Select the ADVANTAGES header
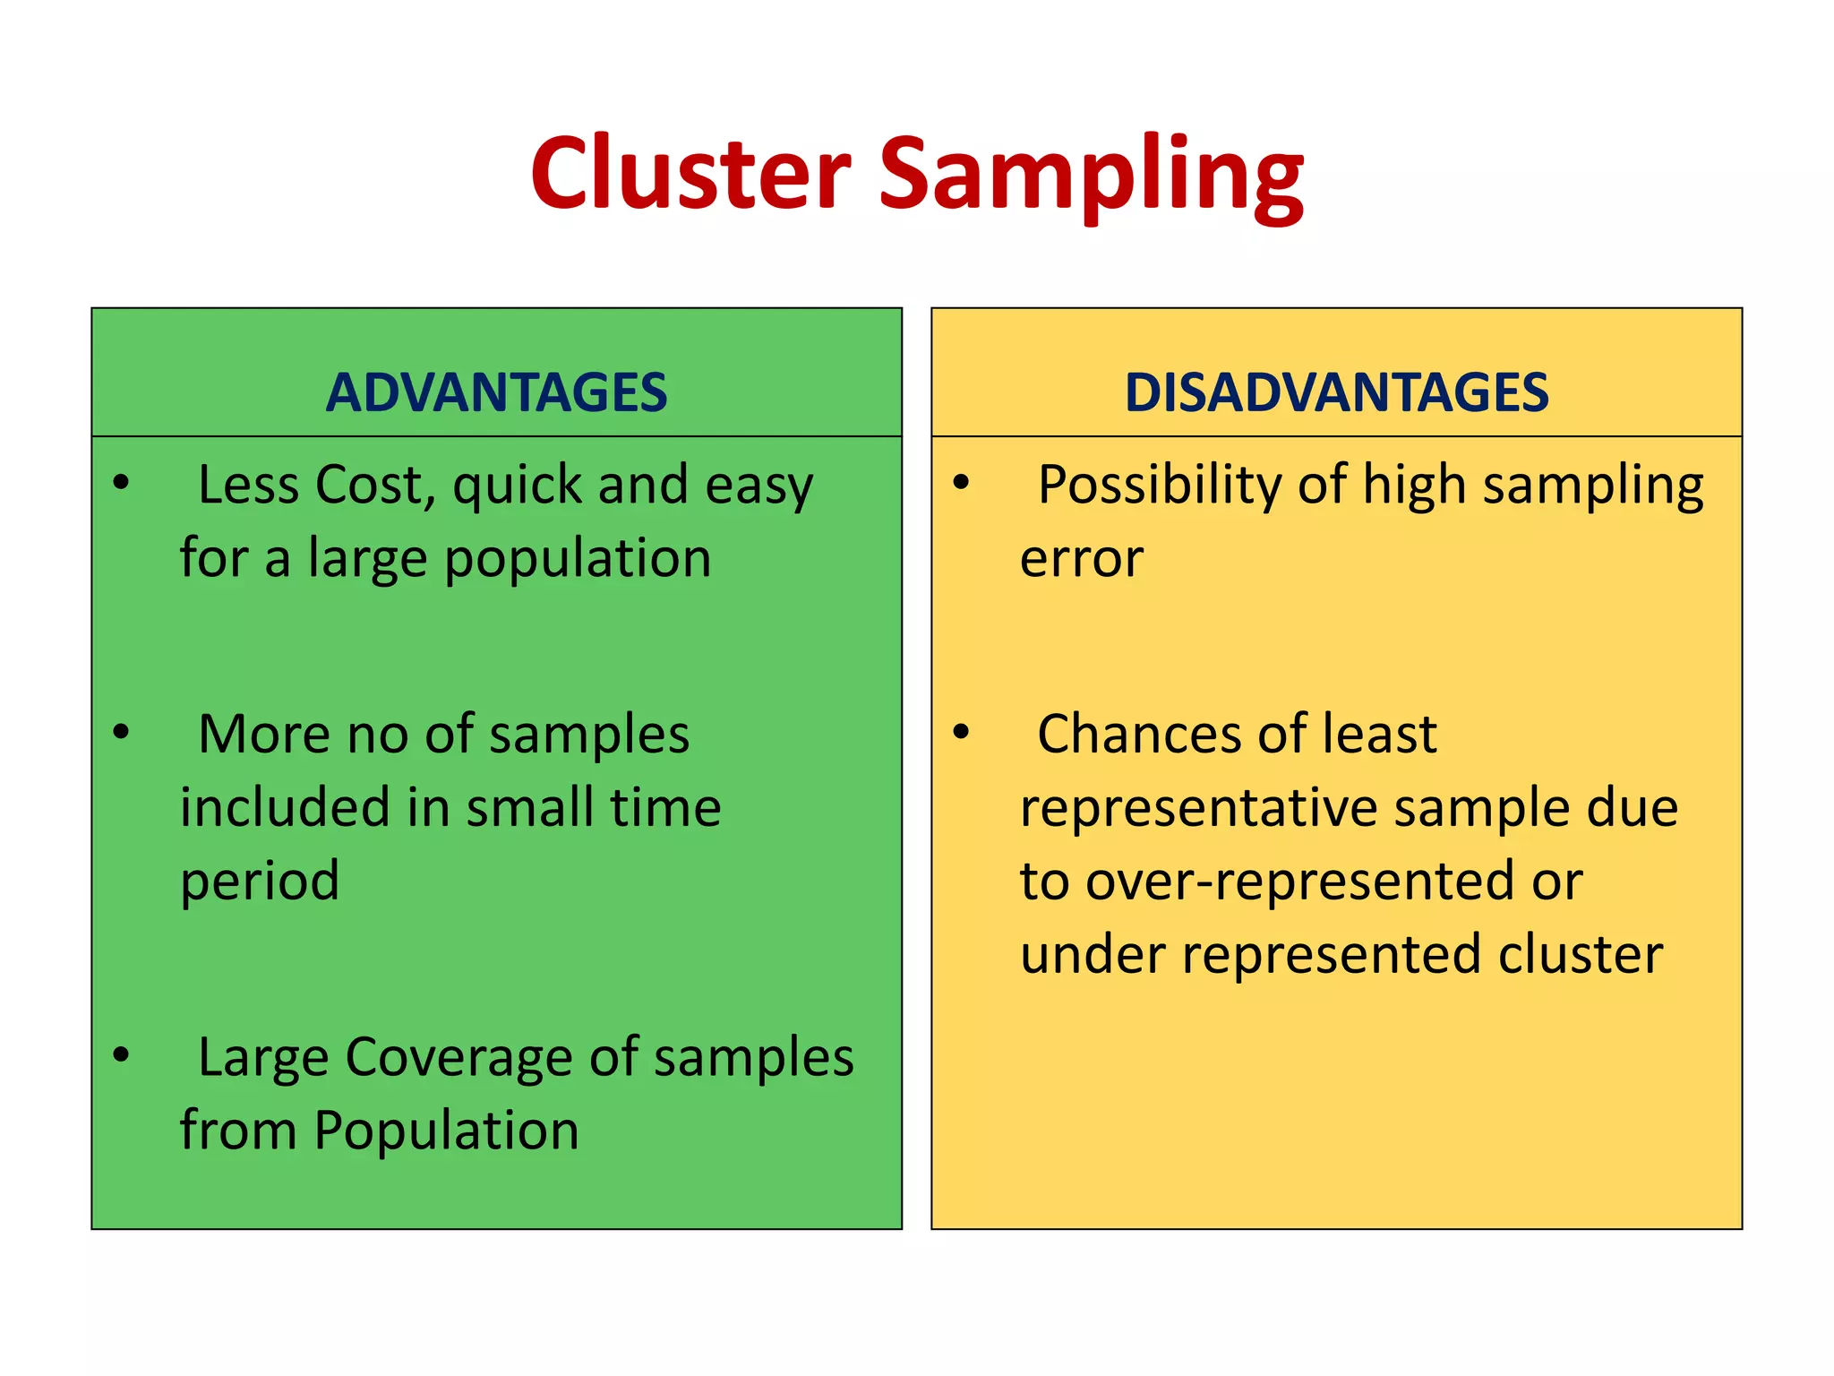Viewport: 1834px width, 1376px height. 496,392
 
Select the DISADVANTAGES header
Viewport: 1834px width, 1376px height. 1336,392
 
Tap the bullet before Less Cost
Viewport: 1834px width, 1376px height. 122,484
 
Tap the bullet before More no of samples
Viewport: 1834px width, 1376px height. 122,732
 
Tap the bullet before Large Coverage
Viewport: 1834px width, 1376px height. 122,1054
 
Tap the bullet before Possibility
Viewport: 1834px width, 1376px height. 962,484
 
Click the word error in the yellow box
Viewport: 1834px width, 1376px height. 1082,560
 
